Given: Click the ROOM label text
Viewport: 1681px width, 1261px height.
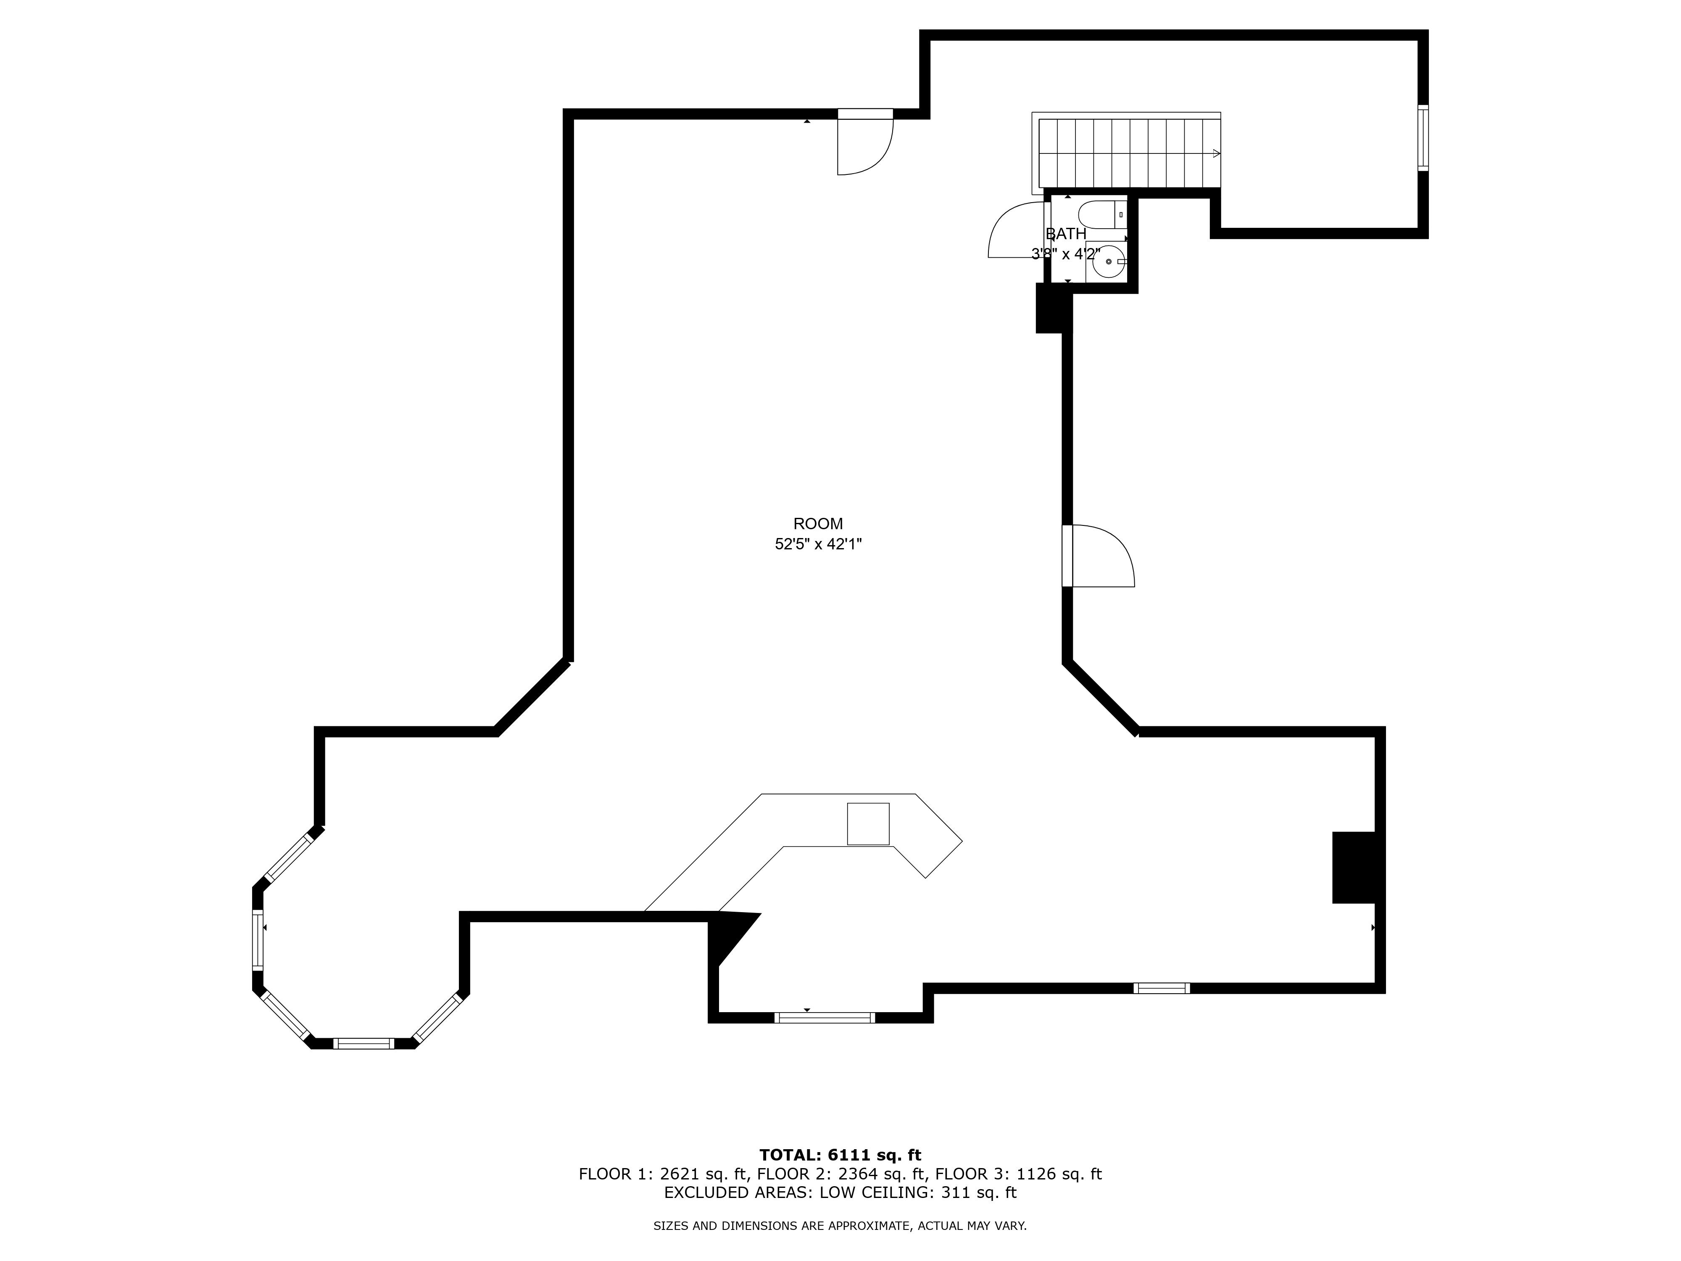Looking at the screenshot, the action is pyautogui.click(x=818, y=524).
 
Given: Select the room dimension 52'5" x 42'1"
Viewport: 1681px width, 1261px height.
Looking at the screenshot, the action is pyautogui.click(x=818, y=544).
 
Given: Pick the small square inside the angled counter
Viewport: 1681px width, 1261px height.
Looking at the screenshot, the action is pyautogui.click(x=868, y=824).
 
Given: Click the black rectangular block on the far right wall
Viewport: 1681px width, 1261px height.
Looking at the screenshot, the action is pyautogui.click(x=1354, y=868).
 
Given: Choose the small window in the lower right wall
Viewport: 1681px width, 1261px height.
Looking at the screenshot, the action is pyautogui.click(x=1161, y=988).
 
